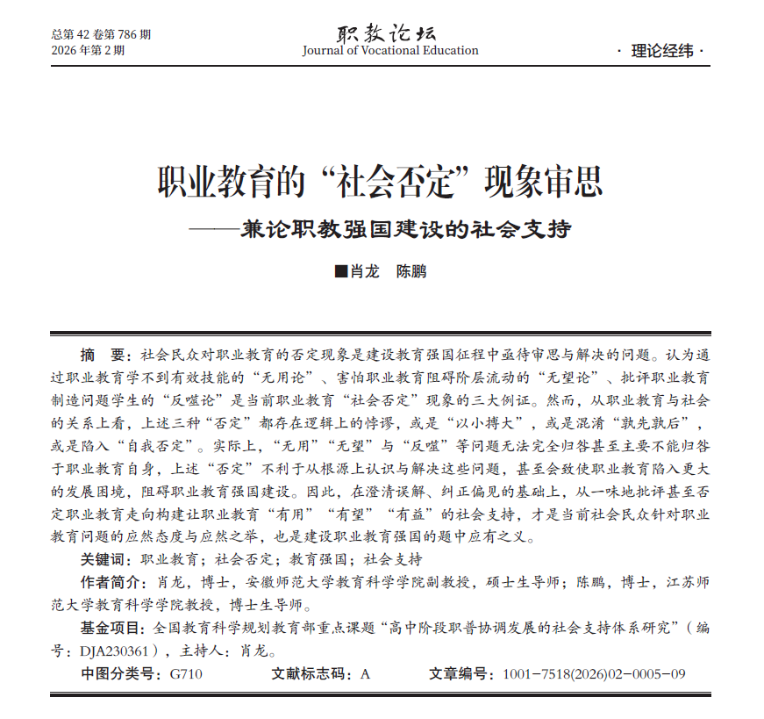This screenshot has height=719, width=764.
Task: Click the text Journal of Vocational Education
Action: pyautogui.click(x=390, y=51)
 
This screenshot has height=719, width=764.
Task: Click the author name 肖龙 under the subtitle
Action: pyautogui.click(x=364, y=270)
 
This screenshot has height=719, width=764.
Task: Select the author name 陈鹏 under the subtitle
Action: pyautogui.click(x=411, y=270)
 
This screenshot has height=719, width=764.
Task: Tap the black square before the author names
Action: pyautogui.click(x=341, y=270)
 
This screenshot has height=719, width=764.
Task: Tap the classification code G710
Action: pyautogui.click(x=186, y=674)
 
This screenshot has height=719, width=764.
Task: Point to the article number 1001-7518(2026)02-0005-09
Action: pyautogui.click(x=593, y=674)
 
